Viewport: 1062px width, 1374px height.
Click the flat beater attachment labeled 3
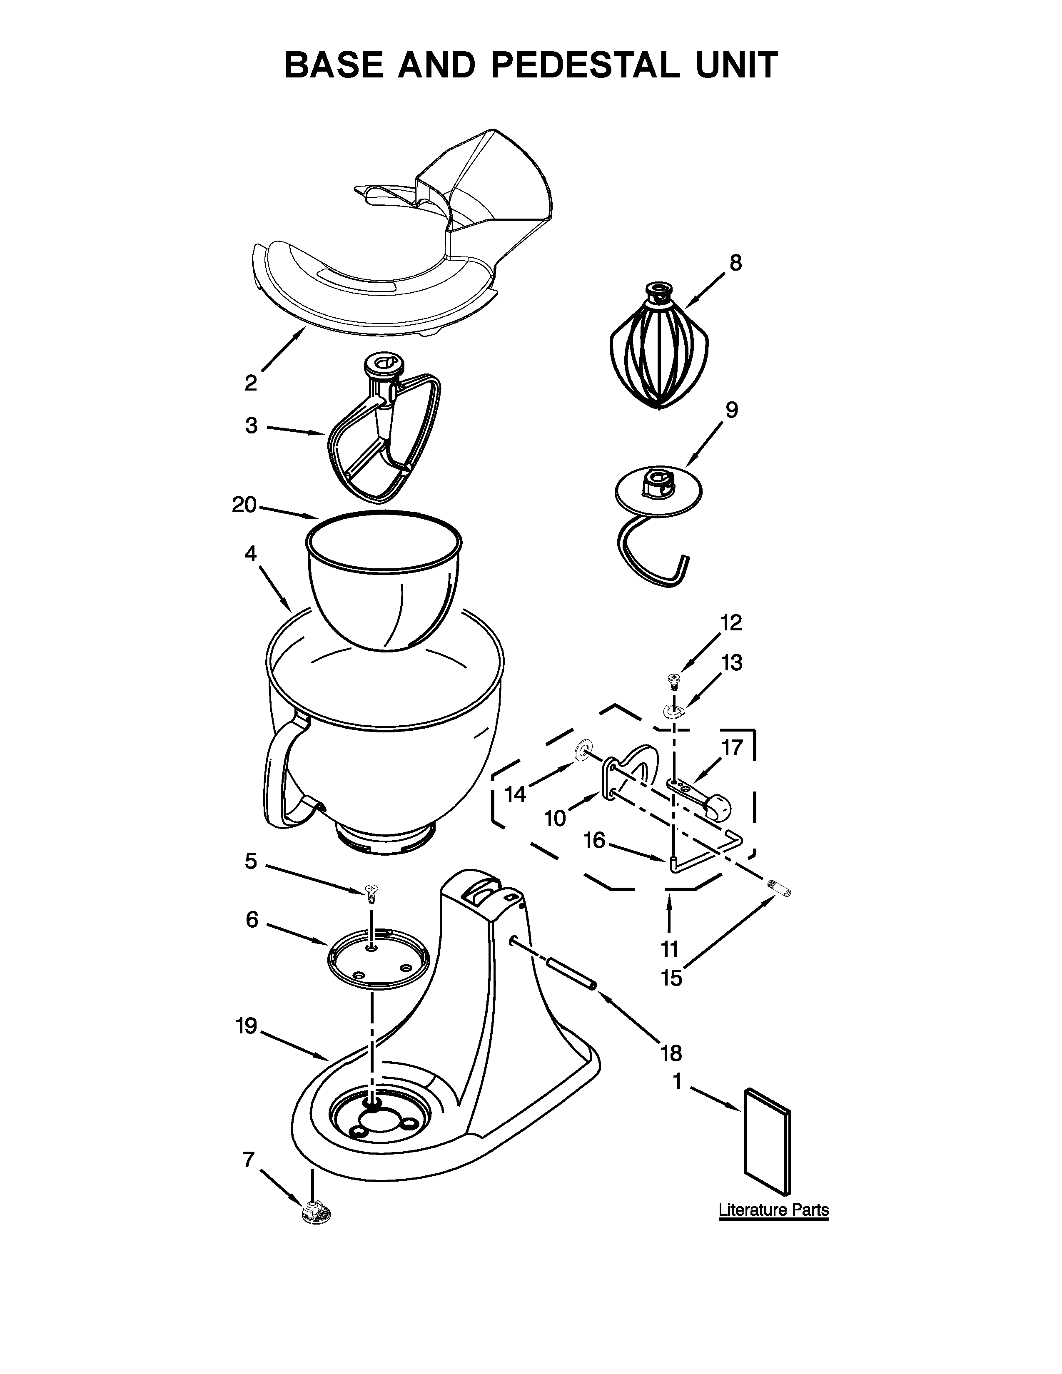tap(384, 441)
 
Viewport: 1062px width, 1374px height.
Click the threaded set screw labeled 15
tap(780, 889)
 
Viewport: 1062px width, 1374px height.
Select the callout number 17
tap(732, 747)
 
